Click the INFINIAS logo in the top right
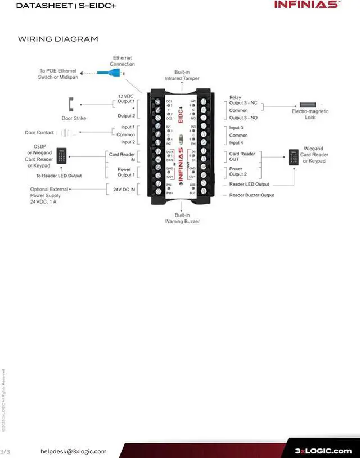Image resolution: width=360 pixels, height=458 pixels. click(307, 5)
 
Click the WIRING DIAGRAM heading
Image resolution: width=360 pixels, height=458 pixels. click(58, 39)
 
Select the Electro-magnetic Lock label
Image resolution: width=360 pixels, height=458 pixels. click(310, 115)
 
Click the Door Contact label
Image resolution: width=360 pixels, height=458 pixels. click(39, 133)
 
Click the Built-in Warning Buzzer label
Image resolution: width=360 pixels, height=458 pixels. click(182, 218)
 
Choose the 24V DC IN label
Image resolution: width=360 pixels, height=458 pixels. click(124, 189)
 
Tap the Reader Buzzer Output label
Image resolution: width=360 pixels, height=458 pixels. click(251, 195)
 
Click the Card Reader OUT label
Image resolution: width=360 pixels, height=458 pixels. click(242, 156)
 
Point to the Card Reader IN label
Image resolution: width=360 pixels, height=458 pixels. click(122, 156)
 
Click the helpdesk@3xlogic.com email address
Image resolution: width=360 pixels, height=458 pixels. click(73, 451)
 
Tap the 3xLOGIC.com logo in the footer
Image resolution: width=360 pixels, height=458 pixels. click(323, 451)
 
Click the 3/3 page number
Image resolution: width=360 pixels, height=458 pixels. click(6, 451)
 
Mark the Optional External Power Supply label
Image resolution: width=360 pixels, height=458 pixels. click(49, 195)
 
